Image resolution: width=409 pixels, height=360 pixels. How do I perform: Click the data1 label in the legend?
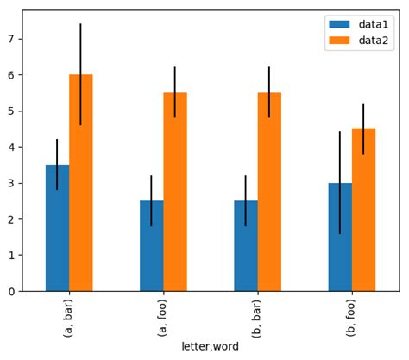[x=374, y=25]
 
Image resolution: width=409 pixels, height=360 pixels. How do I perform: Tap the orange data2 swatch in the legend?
[x=341, y=41]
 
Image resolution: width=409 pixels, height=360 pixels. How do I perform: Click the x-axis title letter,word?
[x=210, y=346]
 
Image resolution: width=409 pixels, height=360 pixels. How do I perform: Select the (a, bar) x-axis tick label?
[x=69, y=315]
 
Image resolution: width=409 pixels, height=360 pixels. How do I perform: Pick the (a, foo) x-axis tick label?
[x=163, y=315]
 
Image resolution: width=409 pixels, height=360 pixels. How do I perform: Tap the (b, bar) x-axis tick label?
[x=257, y=315]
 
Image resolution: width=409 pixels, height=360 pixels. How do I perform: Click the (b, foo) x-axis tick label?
[x=352, y=315]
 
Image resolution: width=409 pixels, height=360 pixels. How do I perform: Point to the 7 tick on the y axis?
[x=11, y=39]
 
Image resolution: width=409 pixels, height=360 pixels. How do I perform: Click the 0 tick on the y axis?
[x=11, y=291]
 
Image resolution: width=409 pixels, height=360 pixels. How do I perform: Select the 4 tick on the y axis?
[x=11, y=147]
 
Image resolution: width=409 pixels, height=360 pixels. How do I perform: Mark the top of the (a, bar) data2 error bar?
[x=81, y=24]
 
